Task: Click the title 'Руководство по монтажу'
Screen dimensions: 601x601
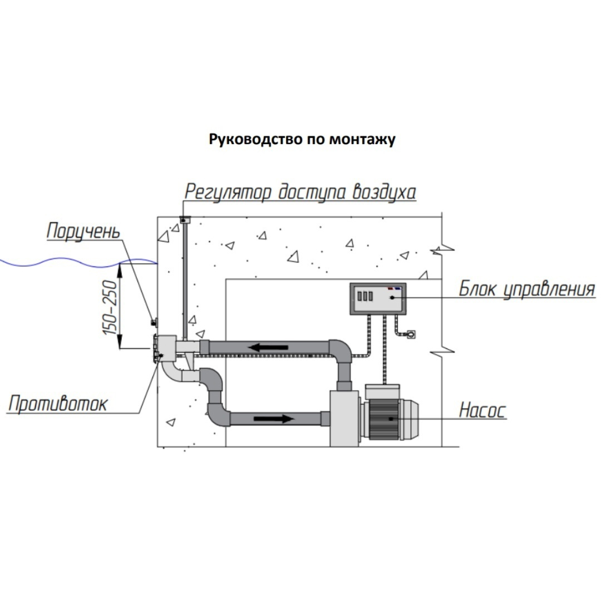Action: pyautogui.click(x=302, y=139)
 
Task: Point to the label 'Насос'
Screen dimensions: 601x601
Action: pyautogui.click(x=482, y=411)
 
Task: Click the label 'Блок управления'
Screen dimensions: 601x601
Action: pyautogui.click(x=526, y=289)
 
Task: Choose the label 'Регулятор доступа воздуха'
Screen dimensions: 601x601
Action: pyautogui.click(x=300, y=192)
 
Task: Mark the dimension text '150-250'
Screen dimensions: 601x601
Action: pyautogui.click(x=110, y=307)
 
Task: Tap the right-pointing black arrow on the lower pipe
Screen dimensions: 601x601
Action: pyautogui.click(x=273, y=418)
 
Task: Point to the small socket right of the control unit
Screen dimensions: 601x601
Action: pyautogui.click(x=412, y=334)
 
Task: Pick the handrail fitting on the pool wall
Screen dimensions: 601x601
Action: pyautogui.click(x=154, y=322)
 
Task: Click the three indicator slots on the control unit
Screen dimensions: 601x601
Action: pyautogui.click(x=363, y=295)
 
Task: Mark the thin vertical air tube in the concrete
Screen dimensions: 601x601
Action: pyautogui.click(x=184, y=278)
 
